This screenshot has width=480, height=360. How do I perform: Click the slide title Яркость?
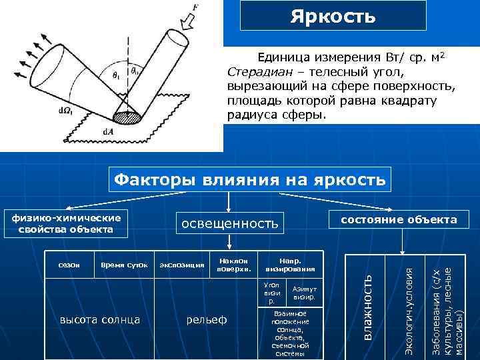coord(333,15)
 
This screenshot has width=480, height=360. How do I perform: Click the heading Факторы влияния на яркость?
coord(250,179)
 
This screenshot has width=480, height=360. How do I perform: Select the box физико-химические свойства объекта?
coord(66,224)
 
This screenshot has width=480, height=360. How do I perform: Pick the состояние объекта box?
coord(399,220)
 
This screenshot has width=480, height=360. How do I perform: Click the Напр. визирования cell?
coord(289,265)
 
